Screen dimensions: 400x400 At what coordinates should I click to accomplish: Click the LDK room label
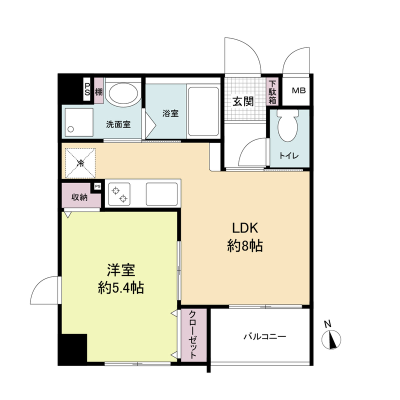tap(245, 228)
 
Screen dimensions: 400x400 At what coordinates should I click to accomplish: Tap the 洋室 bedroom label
tap(121, 270)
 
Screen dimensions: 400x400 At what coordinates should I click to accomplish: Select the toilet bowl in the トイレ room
tap(288, 126)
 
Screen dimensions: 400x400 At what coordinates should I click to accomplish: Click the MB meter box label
tap(298, 90)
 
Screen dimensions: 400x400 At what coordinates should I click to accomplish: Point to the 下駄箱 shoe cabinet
tap(272, 91)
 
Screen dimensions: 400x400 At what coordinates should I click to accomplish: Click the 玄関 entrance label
tap(243, 101)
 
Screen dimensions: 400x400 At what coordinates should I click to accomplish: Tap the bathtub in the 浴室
tap(203, 111)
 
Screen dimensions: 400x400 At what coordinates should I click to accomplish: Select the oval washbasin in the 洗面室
tap(123, 92)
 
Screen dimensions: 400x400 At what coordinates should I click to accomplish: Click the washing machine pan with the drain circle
tap(79, 122)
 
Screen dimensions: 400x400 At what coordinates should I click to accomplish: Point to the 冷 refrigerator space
tap(80, 163)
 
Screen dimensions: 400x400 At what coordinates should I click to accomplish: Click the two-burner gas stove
tap(119, 194)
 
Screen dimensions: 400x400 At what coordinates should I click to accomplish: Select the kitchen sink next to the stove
tap(161, 194)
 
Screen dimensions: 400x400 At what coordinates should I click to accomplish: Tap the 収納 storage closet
tap(79, 197)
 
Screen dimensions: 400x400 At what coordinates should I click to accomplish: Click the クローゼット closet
tap(193, 334)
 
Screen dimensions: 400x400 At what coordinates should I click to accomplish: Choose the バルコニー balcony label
tap(265, 336)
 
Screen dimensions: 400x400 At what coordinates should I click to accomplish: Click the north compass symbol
tap(331, 339)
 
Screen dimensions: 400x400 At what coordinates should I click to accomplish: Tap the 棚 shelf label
tap(98, 91)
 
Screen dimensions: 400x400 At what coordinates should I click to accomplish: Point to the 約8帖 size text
tap(245, 246)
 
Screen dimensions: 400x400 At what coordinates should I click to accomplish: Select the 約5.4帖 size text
tap(121, 288)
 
